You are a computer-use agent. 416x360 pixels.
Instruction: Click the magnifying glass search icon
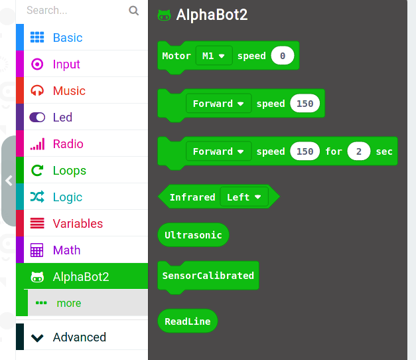point(134,11)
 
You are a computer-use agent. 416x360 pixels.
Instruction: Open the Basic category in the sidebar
point(68,37)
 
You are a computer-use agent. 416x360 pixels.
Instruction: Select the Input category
point(66,64)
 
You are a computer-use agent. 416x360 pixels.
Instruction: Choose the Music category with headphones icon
point(69,90)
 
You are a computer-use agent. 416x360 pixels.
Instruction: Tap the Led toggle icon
point(37,117)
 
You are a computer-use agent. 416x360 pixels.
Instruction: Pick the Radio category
point(68,143)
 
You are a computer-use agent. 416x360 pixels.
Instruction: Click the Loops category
point(70,170)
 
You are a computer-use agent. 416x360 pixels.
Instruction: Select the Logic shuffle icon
point(37,197)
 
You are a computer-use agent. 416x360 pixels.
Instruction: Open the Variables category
point(78,223)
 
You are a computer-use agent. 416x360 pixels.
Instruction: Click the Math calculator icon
point(37,250)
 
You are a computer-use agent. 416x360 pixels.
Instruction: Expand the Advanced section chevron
point(37,338)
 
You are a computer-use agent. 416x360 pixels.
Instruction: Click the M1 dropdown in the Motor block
point(214,56)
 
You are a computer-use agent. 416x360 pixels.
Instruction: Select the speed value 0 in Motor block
point(283,56)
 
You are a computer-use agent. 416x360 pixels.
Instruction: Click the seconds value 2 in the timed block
point(359,151)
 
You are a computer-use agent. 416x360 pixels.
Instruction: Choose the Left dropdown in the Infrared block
point(244,197)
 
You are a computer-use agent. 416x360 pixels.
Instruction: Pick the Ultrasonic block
point(193,235)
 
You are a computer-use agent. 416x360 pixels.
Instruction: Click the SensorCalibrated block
point(208,276)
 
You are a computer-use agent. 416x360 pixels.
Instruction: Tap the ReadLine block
point(188,321)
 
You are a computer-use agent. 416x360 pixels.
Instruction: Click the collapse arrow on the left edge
point(9,181)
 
